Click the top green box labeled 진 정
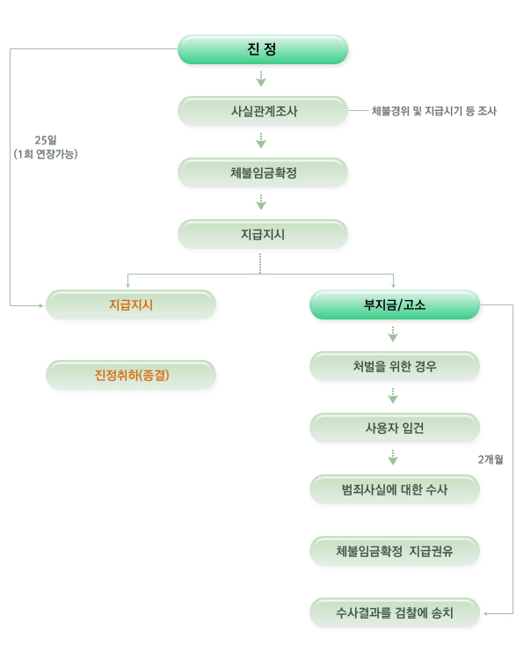[263, 49]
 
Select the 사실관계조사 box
[263, 111]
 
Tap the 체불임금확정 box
[263, 172]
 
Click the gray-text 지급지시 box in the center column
[263, 234]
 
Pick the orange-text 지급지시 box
[131, 304]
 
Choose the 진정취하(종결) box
[131, 375]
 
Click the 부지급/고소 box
[395, 304]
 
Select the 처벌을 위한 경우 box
[395, 366]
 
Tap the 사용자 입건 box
[395, 428]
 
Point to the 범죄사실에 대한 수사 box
[395, 489]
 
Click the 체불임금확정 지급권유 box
[395, 551]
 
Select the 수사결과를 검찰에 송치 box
[395, 612]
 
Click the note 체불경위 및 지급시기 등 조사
[434, 111]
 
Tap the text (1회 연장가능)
[46, 154]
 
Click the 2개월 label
[491, 459]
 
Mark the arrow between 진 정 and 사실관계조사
[261, 80]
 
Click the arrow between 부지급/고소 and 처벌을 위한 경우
[393, 335]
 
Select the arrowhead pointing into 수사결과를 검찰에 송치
[486, 612]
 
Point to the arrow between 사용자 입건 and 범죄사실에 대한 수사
[393, 458]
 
